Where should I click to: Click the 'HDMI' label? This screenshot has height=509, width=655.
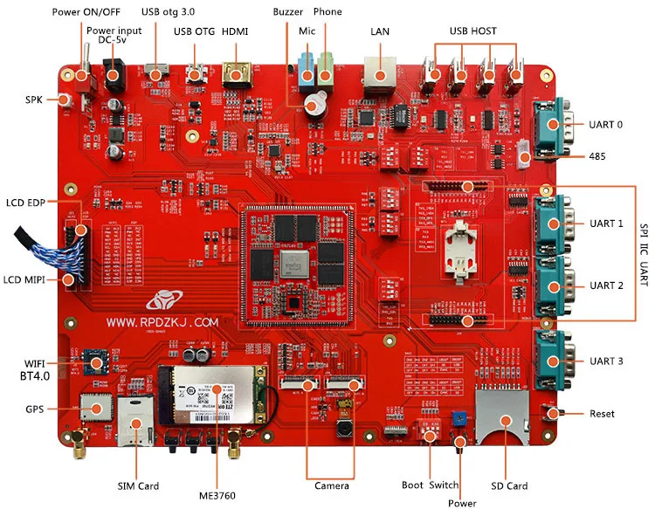[235, 31]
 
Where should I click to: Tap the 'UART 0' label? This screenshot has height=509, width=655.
[606, 125]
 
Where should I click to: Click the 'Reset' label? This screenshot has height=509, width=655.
[602, 413]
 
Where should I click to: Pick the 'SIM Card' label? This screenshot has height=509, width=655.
[139, 485]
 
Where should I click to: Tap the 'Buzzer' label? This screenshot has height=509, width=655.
[288, 12]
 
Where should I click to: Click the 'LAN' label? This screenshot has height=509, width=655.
[380, 31]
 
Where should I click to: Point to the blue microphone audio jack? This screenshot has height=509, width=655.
[307, 70]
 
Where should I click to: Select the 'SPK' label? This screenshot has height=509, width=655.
[34, 100]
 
